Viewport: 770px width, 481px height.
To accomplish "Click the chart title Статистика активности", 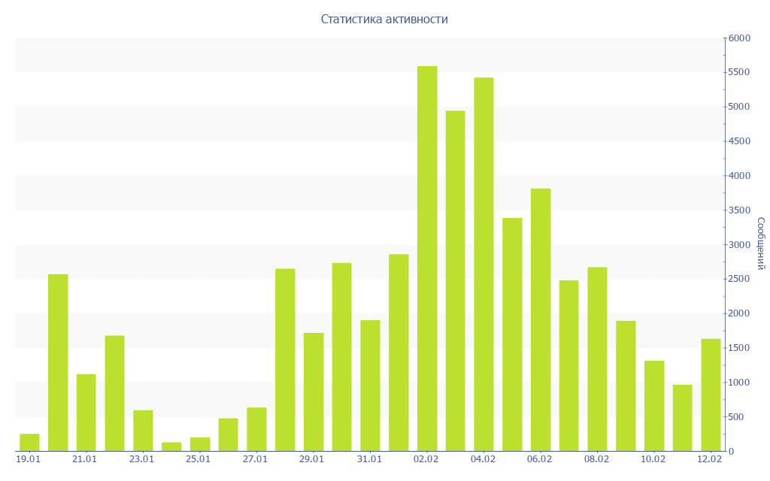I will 384,20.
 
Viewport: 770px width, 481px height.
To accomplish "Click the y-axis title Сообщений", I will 760,244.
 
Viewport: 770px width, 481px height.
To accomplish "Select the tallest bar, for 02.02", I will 427,259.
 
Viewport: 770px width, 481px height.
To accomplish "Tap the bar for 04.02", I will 484,265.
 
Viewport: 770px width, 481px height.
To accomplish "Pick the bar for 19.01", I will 29,443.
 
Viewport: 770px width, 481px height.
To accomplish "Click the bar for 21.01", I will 86,413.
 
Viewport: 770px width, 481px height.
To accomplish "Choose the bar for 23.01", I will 143,431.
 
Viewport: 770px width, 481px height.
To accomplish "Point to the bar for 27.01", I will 256,429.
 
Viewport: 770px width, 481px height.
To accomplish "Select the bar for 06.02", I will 541,320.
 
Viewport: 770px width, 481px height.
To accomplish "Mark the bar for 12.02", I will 711,395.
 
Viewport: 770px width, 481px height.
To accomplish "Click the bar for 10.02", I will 654,406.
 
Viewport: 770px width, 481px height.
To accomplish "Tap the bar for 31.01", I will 370,386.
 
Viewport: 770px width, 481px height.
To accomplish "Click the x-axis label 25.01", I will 198,459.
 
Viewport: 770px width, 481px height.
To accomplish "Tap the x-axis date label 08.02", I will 596,459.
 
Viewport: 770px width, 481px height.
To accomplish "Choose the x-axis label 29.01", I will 311,459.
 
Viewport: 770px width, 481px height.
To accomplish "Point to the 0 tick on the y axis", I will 732,452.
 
